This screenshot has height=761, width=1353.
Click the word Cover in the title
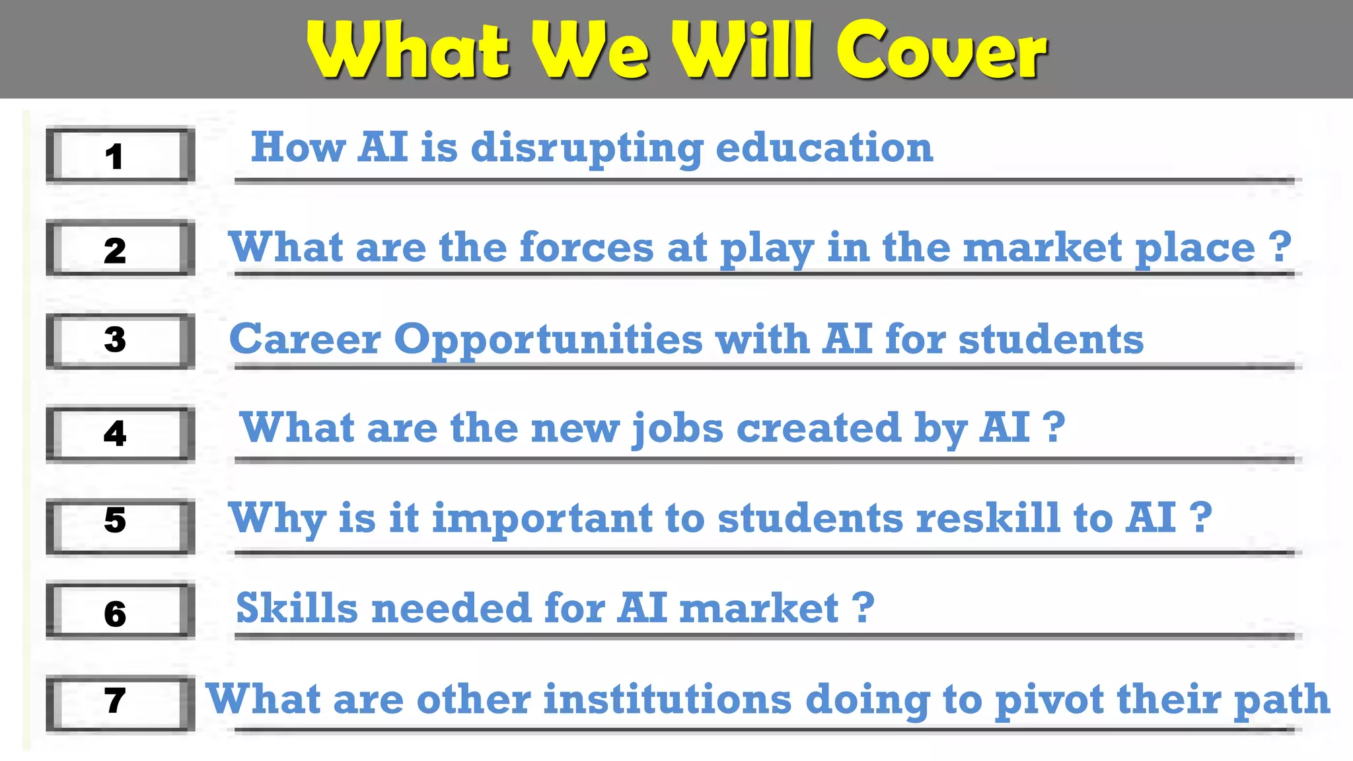coord(941,52)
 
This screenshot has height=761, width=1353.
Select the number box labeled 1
coord(120,156)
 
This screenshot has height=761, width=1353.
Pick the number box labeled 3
coord(120,341)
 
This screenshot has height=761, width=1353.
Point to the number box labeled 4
coord(120,434)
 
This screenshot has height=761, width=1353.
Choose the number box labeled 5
coord(120,526)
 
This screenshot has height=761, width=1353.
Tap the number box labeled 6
coord(120,612)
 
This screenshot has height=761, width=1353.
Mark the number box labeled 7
coord(120,703)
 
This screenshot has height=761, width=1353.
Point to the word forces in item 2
coord(587,247)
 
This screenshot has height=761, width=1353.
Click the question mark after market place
coord(1280,246)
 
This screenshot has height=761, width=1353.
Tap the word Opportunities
coord(548,340)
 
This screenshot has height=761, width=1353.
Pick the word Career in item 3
coord(305,340)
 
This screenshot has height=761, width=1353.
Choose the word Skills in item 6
coord(297,608)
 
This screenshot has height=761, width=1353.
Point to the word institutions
coord(667,699)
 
